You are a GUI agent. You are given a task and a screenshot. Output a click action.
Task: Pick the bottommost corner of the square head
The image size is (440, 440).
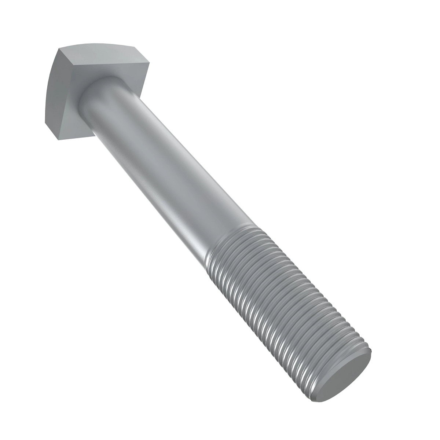coord(59,139)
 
